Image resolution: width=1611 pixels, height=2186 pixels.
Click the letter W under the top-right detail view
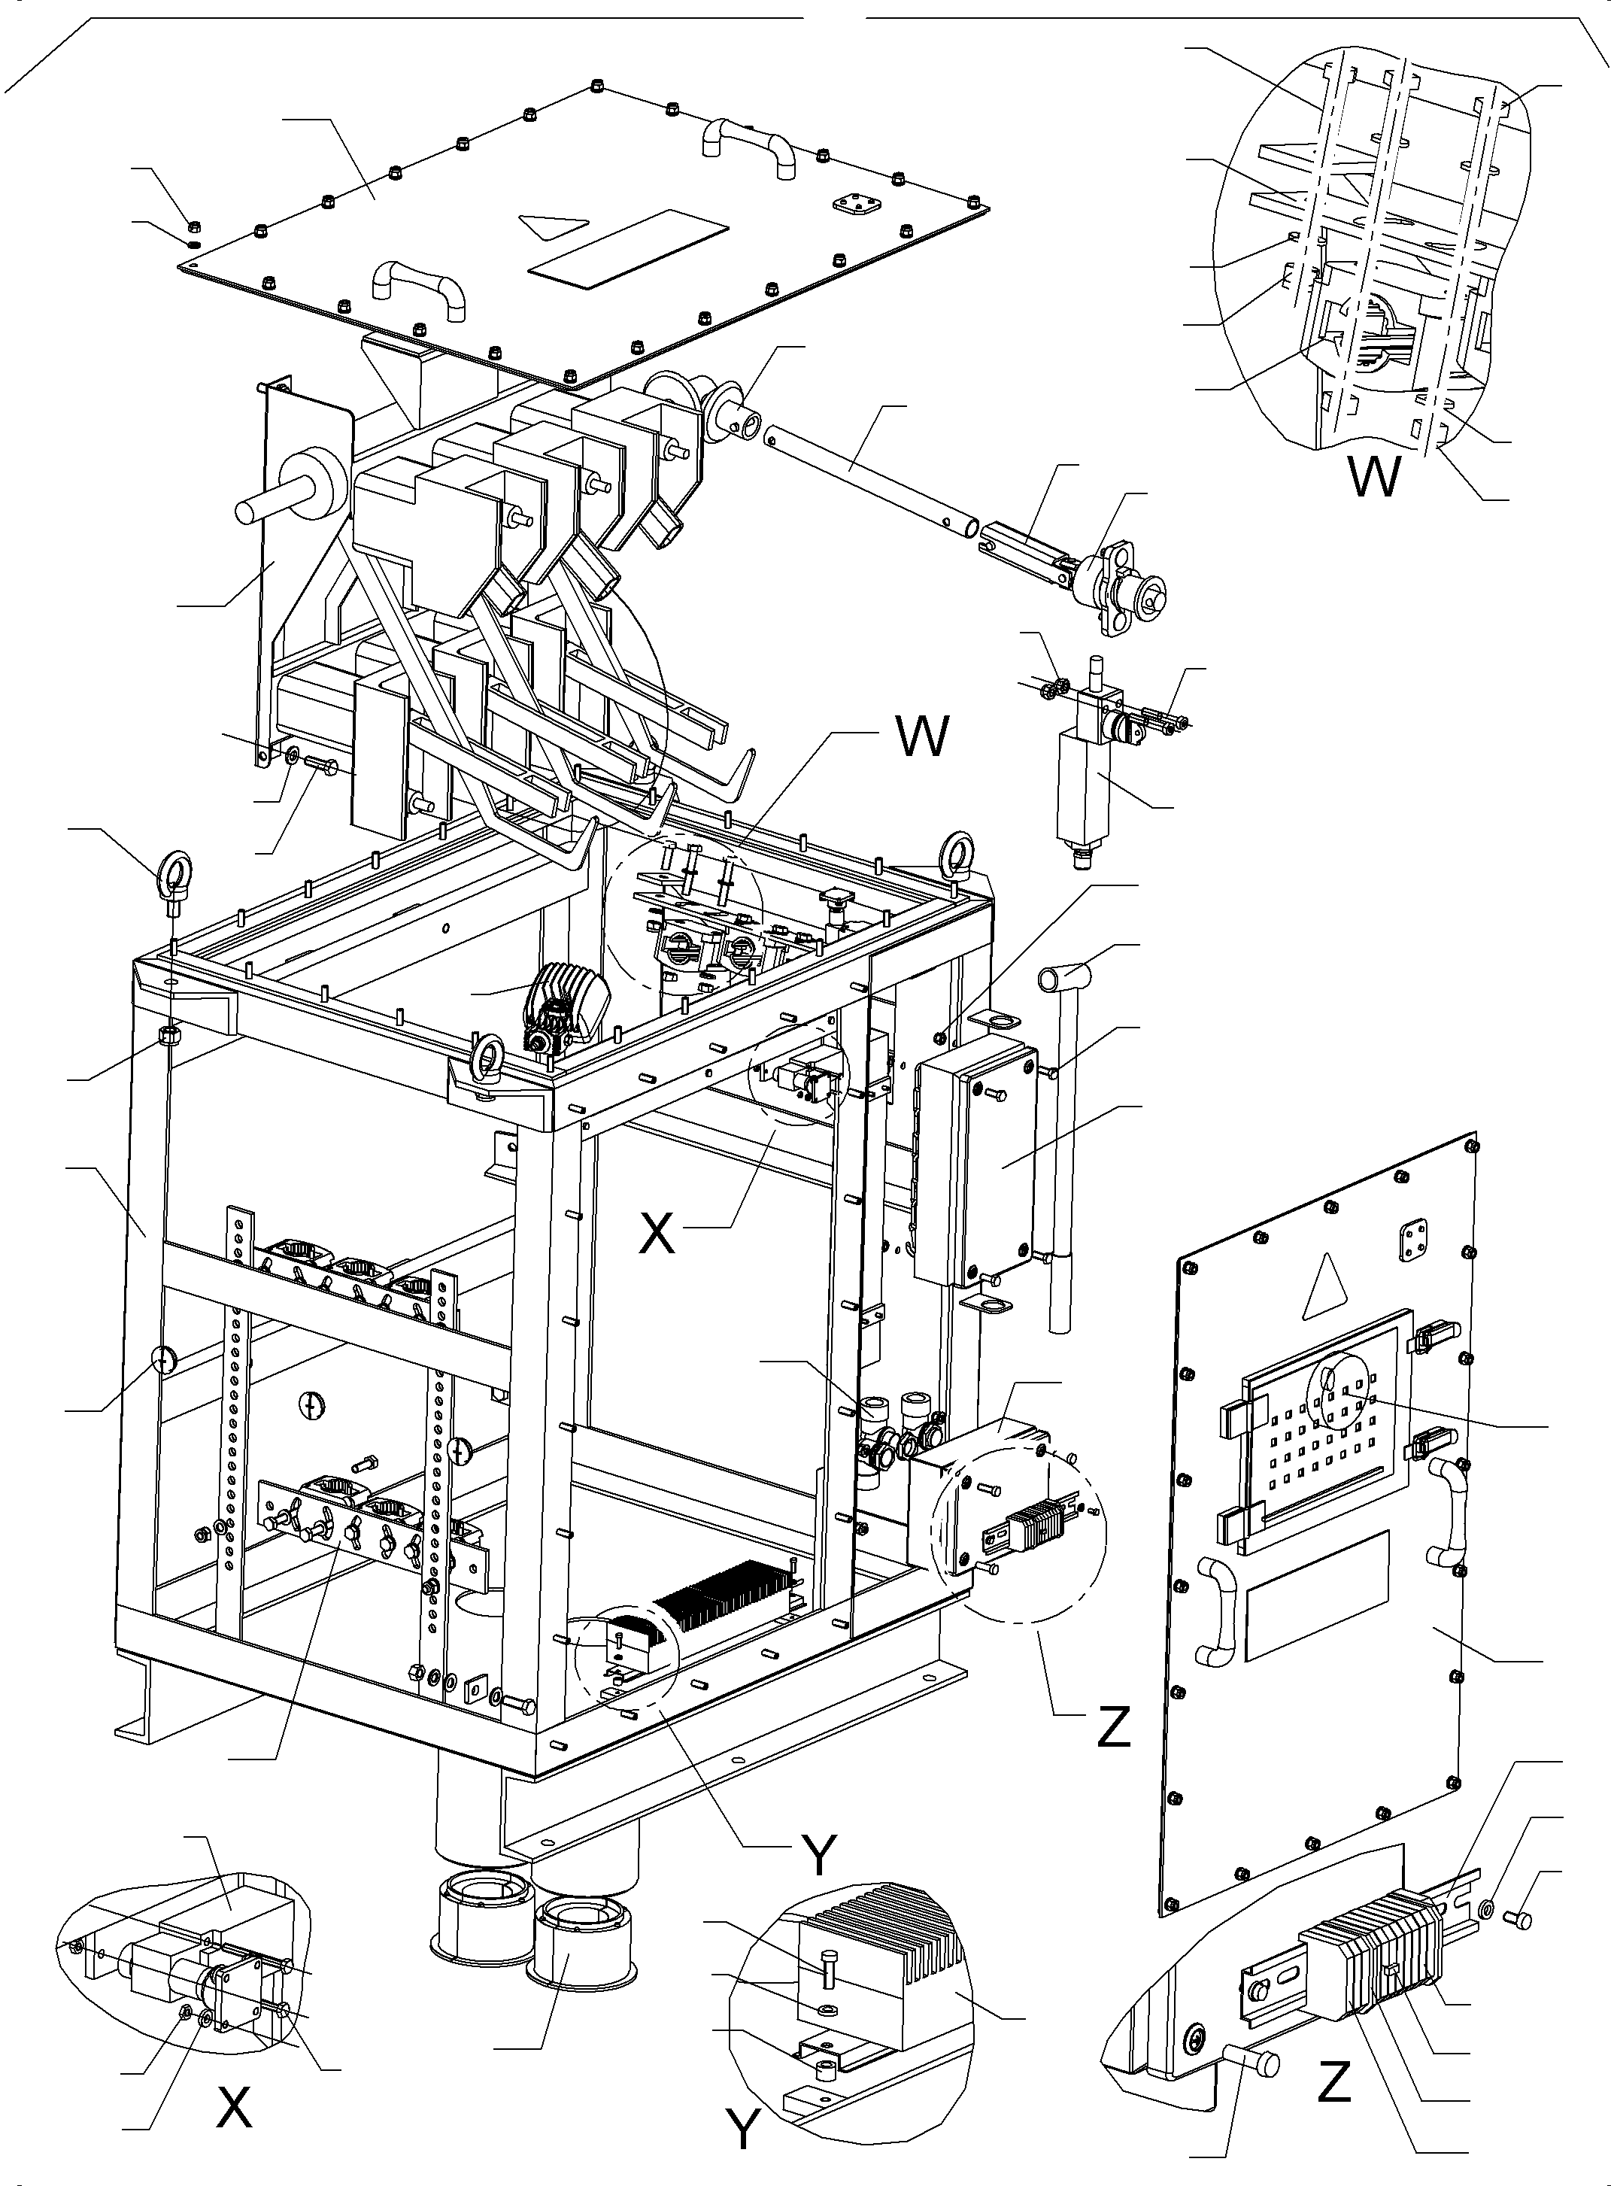(1374, 478)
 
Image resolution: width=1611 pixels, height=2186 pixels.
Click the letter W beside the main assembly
(921, 736)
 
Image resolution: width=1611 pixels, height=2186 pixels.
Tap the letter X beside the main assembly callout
(657, 1234)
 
